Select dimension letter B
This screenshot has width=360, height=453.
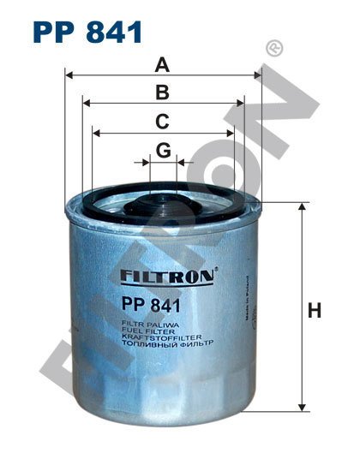162,92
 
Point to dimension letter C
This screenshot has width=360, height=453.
162,122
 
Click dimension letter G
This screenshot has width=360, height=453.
163,150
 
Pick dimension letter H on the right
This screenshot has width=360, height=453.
315,310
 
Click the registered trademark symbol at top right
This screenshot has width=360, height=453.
274,48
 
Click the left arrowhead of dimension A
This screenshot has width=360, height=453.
69,75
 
